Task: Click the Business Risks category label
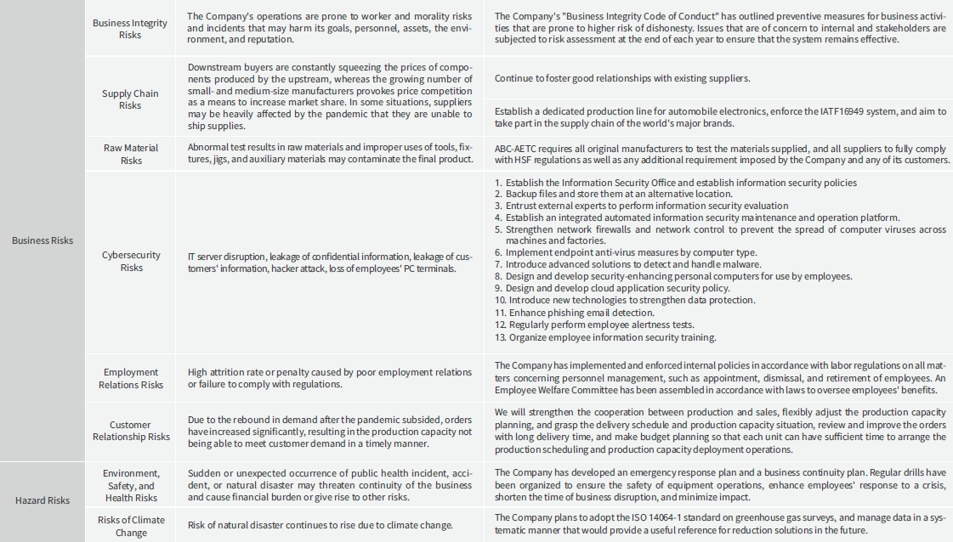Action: click(x=43, y=240)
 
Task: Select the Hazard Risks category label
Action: click(x=43, y=500)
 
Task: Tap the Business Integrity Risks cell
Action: click(x=130, y=29)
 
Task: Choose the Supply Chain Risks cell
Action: click(x=130, y=99)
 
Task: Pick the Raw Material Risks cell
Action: click(x=131, y=154)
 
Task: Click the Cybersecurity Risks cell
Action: click(x=131, y=261)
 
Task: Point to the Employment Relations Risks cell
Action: click(x=131, y=378)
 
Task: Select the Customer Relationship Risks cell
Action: click(x=131, y=431)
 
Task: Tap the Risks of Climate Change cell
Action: click(x=131, y=526)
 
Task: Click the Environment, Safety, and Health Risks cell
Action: click(x=131, y=485)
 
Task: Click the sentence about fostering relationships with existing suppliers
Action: click(x=622, y=78)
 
